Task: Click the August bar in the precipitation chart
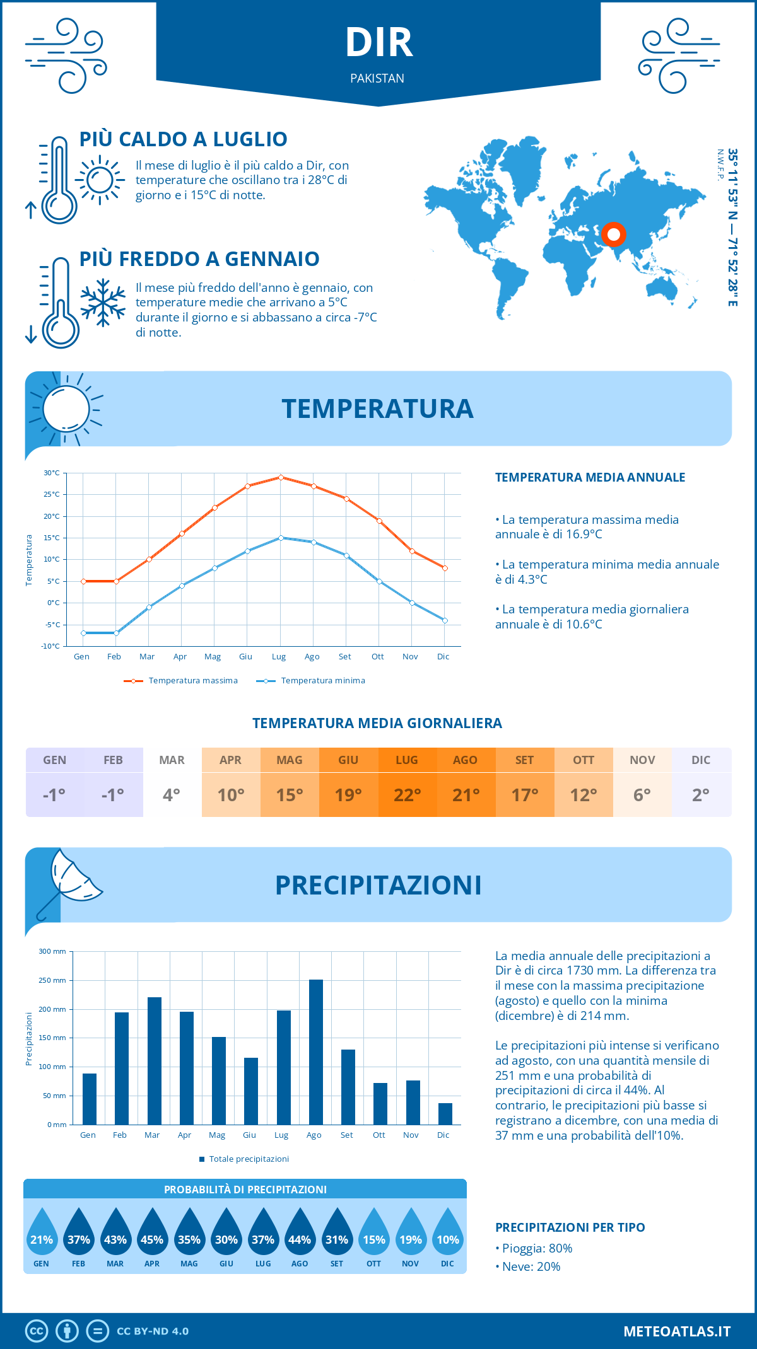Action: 316,1051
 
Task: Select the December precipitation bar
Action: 445,1113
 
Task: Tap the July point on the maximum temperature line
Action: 281,477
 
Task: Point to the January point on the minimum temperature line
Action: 83,633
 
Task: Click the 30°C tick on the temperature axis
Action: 52,473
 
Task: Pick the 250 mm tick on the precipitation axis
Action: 52,980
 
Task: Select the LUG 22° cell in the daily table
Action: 407,782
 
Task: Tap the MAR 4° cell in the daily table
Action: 172,782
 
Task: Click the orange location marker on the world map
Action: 613,234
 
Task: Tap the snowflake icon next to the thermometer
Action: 103,303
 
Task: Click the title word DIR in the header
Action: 378,43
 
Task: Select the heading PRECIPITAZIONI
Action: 378,885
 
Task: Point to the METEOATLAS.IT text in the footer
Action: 676,1331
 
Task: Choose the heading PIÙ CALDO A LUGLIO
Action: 183,139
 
